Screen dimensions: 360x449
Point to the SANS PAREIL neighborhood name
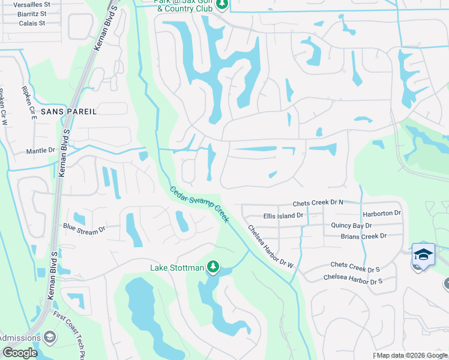coord(69,112)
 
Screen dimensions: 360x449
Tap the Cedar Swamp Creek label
coord(199,204)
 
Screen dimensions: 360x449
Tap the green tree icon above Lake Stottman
coord(212,266)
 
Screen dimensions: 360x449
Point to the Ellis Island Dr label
coord(284,215)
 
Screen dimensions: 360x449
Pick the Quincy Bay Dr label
coord(351,226)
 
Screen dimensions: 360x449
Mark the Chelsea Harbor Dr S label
coord(353,277)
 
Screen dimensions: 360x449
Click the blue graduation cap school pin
coord(423,255)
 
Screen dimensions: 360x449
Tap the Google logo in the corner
coord(20,353)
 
